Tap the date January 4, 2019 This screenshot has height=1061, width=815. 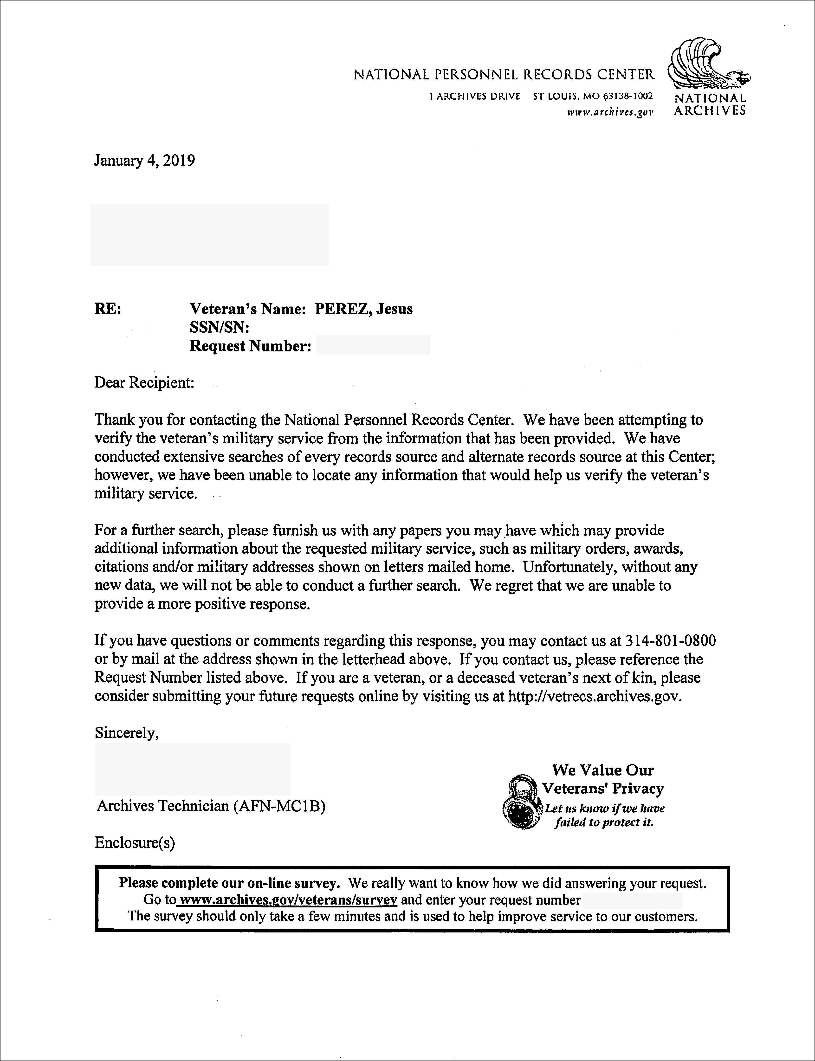coord(145,161)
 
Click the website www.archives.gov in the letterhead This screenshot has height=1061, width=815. coord(610,113)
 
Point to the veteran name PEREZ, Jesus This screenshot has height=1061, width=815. coord(363,309)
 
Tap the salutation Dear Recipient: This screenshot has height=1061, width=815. coord(144,383)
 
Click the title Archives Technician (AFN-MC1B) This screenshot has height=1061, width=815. coord(211,806)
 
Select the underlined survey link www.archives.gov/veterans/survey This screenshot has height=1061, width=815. coord(288,900)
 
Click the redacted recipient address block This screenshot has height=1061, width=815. coord(210,235)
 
